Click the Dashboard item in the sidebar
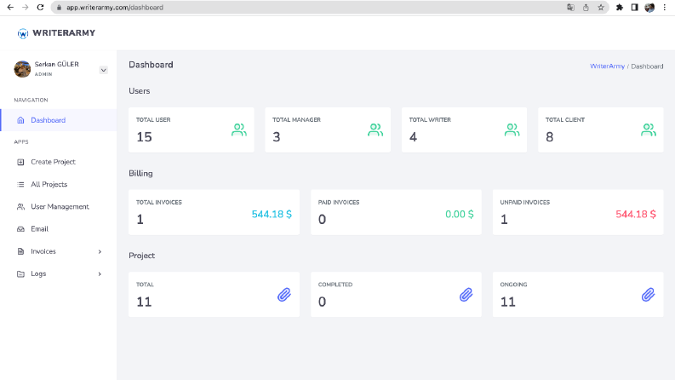click(x=48, y=120)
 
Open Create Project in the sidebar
click(x=53, y=162)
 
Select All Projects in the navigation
click(x=49, y=184)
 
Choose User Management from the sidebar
click(x=60, y=207)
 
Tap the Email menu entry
click(x=39, y=229)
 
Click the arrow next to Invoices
click(x=100, y=251)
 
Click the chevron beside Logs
click(x=100, y=274)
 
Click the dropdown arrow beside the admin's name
click(x=103, y=70)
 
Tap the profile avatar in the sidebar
click(x=22, y=69)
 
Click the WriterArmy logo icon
click(x=23, y=33)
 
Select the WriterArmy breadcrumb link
click(x=607, y=66)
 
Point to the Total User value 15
click(x=144, y=137)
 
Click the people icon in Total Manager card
click(x=375, y=130)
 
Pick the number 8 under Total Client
click(x=549, y=137)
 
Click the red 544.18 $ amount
click(x=636, y=214)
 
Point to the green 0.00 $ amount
click(x=460, y=214)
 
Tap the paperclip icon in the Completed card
click(x=466, y=295)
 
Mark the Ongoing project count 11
click(x=507, y=302)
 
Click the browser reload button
click(x=40, y=8)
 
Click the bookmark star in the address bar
click(x=601, y=8)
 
